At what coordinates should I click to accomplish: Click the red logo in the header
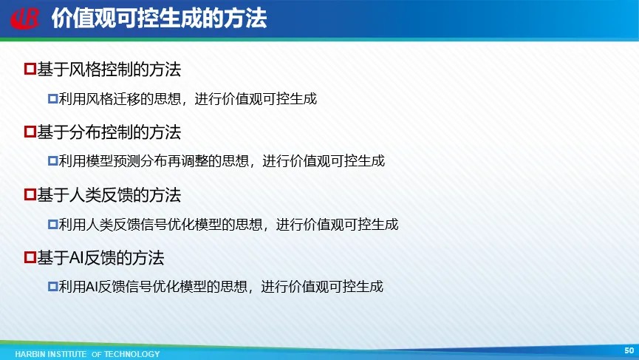coord(25,18)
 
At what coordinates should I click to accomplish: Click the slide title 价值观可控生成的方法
coord(160,18)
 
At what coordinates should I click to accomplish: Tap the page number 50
coord(629,350)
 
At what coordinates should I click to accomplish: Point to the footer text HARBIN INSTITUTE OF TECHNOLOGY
coord(87,354)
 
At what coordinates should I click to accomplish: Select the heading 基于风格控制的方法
coord(109,69)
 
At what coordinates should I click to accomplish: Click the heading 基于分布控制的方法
coord(109,132)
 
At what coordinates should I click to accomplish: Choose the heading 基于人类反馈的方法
coord(109,195)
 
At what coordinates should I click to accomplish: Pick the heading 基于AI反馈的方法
coord(100,258)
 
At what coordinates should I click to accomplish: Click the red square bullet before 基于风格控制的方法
coord(30,69)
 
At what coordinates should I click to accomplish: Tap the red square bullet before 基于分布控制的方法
coord(30,132)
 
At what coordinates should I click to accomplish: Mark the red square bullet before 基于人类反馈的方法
coord(30,194)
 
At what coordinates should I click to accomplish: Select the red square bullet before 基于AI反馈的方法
coord(30,257)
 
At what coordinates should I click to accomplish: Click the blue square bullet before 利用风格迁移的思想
coord(53,98)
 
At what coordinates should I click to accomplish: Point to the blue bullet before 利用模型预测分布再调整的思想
coord(53,161)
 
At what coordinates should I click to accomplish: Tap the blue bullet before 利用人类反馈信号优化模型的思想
coord(53,224)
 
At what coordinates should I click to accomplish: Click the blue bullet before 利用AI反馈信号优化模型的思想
coord(53,287)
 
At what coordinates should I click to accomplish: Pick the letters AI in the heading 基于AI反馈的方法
coord(77,258)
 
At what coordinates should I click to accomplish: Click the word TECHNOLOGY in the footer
coord(132,354)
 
